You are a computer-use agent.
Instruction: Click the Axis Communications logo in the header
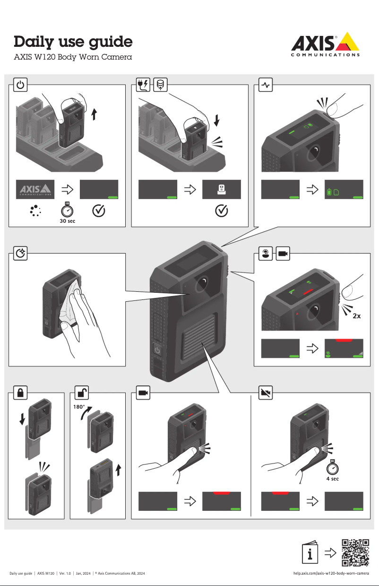click(x=324, y=44)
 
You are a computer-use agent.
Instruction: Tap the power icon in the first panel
click(x=20, y=85)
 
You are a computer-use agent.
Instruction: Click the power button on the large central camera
click(x=157, y=351)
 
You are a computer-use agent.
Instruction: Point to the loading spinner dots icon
click(x=34, y=210)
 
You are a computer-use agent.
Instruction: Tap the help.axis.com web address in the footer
click(x=331, y=574)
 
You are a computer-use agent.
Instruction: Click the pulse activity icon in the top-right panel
click(x=266, y=85)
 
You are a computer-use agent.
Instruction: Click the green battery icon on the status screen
click(x=330, y=192)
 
